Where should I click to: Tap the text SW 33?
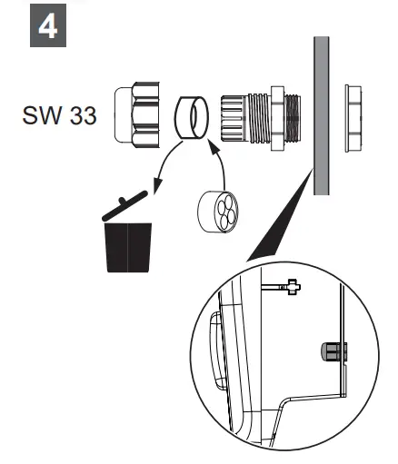tap(58, 118)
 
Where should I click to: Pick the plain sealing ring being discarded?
tap(192, 118)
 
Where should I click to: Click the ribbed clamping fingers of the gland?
tap(233, 115)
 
